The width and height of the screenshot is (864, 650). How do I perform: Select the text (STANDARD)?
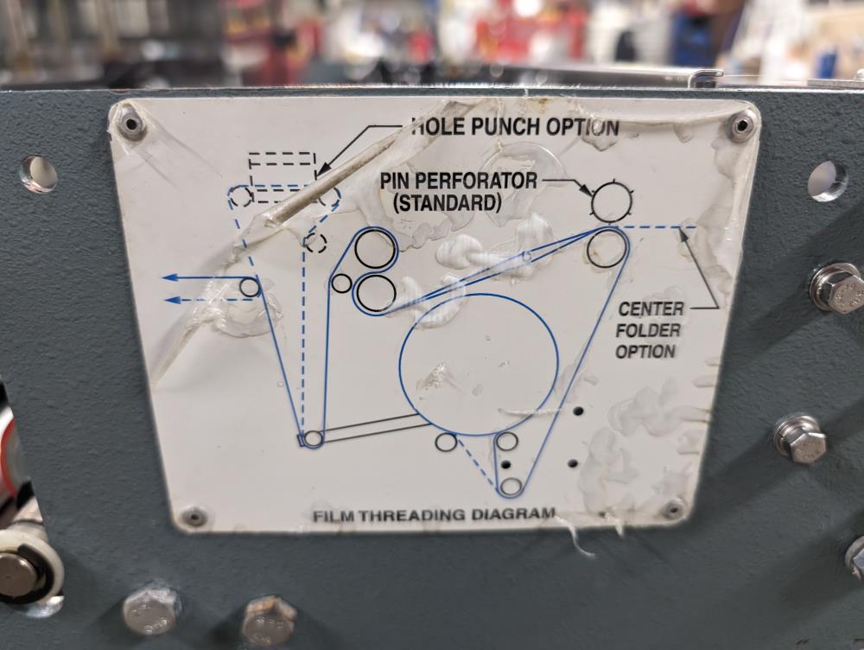point(448,203)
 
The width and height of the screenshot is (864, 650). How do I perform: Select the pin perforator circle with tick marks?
point(611,201)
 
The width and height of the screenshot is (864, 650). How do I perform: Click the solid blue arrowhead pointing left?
point(169,277)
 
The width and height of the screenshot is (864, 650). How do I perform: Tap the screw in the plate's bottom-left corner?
point(194,517)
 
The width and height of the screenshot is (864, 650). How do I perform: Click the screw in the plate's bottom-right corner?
point(674,508)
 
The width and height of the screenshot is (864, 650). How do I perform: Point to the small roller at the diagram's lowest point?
point(511,486)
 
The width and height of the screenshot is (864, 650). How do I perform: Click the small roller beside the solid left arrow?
point(251,287)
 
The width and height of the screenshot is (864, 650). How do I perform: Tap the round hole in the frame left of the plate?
point(40,175)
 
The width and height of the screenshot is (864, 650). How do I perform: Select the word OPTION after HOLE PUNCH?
point(583,127)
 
